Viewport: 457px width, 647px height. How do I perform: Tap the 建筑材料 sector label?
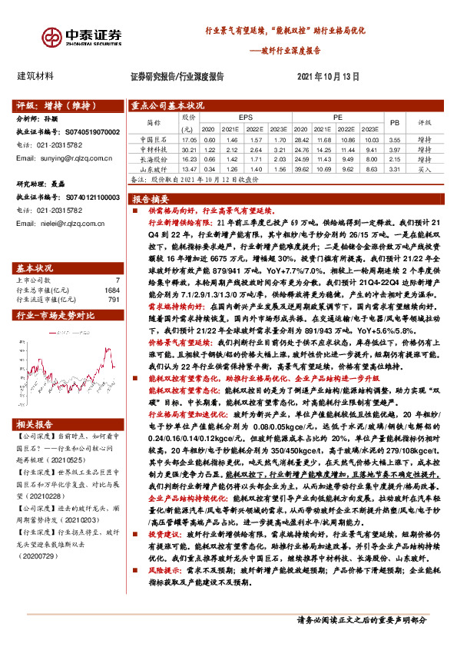(35, 76)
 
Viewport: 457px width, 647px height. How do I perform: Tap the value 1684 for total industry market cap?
(112, 269)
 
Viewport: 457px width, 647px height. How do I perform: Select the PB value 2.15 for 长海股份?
(395, 159)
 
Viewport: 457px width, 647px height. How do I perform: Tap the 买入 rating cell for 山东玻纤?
(425, 168)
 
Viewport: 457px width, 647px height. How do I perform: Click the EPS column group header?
(246, 117)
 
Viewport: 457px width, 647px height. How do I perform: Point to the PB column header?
(395, 122)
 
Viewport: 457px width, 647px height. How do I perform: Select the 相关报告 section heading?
(35, 424)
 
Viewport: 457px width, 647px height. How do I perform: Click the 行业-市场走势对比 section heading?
(55, 294)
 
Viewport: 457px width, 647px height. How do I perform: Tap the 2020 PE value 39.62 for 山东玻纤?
(302, 168)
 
